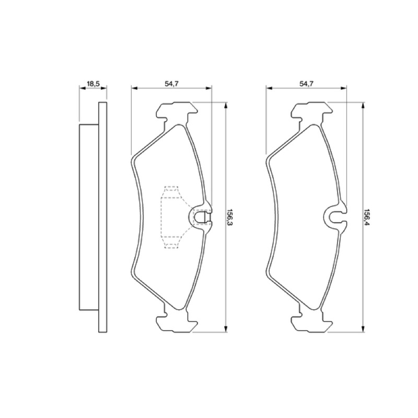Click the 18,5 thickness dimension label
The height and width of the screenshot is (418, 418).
pos(93,84)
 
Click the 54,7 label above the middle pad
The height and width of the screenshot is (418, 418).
pos(171,84)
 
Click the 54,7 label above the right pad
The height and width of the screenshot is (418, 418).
pos(307,84)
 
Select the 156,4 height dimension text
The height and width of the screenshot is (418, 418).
pos(367,217)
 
